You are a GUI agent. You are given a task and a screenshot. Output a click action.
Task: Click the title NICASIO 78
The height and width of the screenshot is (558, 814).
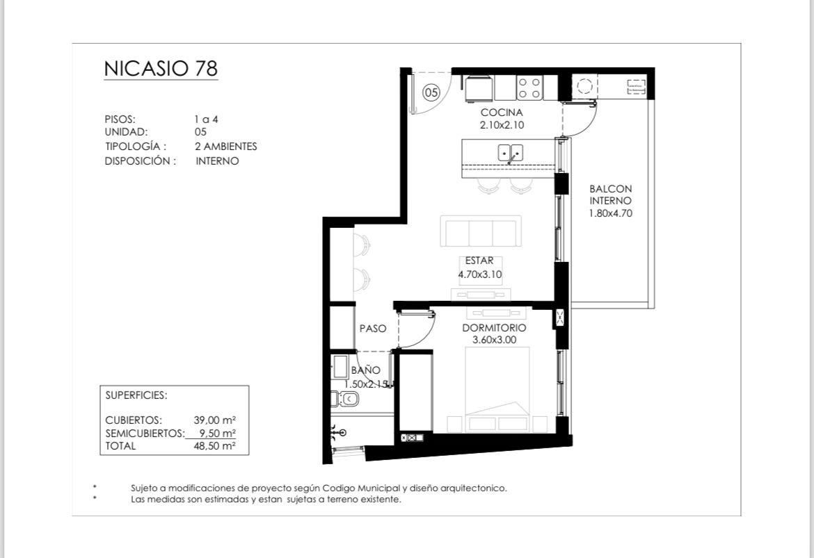[161, 69]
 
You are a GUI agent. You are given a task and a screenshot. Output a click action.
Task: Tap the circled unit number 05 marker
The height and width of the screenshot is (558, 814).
[431, 93]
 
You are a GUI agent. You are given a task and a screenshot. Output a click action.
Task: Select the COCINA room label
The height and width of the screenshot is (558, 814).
[502, 112]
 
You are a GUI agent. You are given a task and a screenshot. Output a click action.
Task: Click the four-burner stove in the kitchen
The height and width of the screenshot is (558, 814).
[529, 88]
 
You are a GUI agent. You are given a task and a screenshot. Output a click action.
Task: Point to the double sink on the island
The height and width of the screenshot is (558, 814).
[511, 153]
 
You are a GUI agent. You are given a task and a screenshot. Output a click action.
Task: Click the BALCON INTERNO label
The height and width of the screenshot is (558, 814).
[611, 195]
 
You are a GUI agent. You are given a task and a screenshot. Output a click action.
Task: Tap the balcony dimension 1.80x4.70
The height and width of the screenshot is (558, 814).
[611, 213]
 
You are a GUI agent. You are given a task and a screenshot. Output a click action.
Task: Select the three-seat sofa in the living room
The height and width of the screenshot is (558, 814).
[481, 231]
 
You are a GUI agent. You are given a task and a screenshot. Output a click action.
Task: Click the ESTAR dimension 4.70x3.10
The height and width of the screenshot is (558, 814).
[480, 274]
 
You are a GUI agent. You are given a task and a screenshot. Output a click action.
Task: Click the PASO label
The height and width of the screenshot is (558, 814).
[373, 328]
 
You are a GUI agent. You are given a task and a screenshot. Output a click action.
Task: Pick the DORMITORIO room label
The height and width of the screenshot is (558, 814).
[494, 328]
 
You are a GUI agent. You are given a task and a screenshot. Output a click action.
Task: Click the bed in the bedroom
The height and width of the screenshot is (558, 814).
[497, 389]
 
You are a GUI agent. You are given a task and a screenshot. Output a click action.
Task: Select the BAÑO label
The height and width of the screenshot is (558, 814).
[365, 370]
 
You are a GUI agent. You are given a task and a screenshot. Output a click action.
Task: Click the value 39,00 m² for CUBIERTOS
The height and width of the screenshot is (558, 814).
[215, 420]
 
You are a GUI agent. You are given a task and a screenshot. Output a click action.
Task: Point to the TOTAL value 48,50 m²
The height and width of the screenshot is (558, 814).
[215, 446]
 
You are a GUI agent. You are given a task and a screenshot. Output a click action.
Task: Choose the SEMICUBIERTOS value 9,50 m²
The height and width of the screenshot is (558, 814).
[218, 433]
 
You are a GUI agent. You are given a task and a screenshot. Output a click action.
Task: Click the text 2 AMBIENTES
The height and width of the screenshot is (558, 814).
[226, 146]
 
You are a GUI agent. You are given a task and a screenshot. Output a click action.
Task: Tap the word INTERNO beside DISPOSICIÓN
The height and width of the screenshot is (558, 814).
[218, 161]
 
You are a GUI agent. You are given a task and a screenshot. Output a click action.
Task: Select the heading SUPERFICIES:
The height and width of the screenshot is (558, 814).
[136, 395]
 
